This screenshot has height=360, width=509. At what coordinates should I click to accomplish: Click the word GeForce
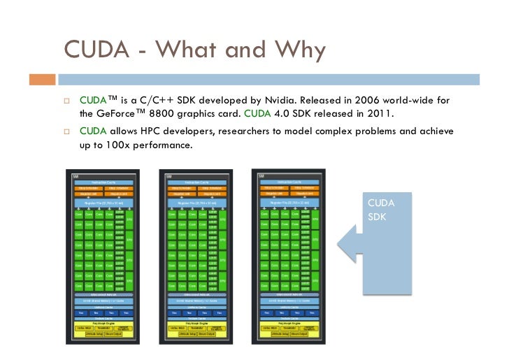coord(122,113)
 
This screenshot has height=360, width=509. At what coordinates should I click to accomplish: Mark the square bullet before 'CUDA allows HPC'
coord(68,131)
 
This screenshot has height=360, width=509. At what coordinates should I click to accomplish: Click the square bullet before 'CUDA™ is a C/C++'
coord(68,100)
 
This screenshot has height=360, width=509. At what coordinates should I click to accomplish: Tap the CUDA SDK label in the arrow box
coord(382,209)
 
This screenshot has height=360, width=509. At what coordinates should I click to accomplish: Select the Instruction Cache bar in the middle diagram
coord(195,181)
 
